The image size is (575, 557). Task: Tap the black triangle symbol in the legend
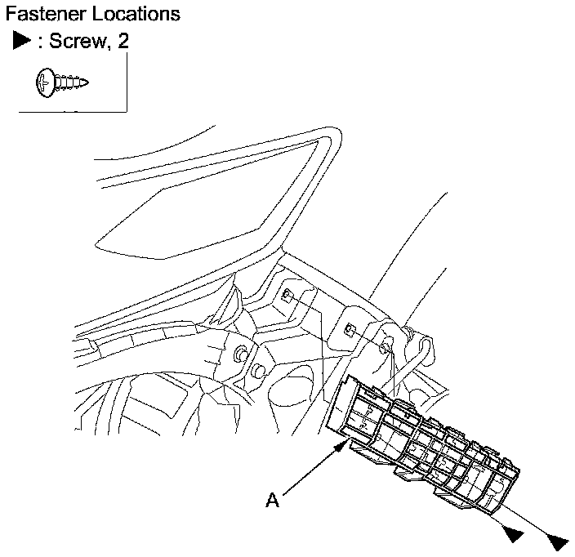[x=21, y=42]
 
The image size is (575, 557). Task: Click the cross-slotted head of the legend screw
[x=46, y=82]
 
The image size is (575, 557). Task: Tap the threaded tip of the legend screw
[x=82, y=82]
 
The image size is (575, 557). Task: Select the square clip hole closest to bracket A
[x=349, y=330]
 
